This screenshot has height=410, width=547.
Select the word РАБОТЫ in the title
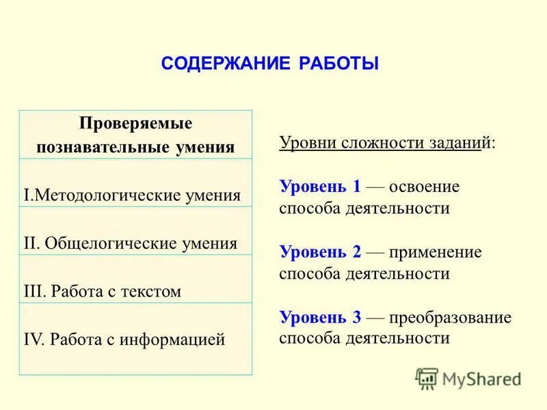[338, 64]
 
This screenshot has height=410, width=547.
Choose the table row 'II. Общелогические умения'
[131, 243]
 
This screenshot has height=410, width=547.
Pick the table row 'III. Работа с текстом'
[103, 291]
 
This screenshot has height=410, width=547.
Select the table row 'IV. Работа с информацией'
[124, 339]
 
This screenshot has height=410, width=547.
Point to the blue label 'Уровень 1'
[320, 187]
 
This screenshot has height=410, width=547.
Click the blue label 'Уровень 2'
[320, 251]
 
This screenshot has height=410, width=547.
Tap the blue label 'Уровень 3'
[320, 316]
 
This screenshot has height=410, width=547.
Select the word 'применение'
[436, 251]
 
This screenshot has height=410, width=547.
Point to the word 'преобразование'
[451, 316]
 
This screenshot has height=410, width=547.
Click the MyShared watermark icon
[427, 379]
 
